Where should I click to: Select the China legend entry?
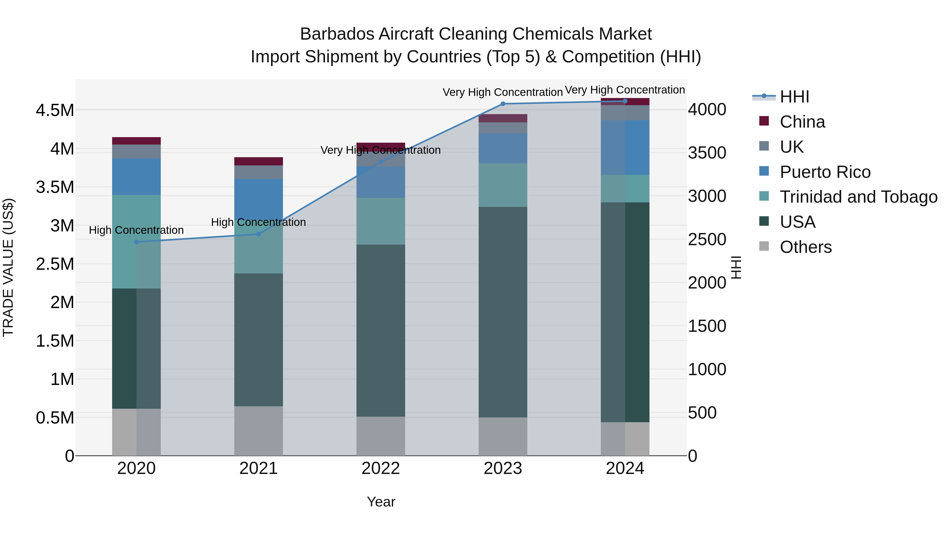coord(802,122)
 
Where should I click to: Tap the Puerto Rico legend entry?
coord(825,172)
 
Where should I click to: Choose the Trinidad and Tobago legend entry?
coord(858,197)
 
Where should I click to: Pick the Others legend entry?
coord(806,247)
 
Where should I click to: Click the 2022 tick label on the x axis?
coord(381,468)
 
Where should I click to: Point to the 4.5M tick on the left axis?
coord(55,110)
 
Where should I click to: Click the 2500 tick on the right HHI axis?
coord(707,240)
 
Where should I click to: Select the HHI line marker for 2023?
coord(503,104)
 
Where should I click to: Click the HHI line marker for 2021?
coord(259,234)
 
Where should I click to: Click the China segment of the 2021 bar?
coord(259,161)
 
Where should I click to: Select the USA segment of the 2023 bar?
coord(503,312)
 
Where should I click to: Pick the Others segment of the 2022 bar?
coord(381,436)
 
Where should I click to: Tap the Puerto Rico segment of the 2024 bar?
coord(625,147)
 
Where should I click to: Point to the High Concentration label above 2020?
coord(136,230)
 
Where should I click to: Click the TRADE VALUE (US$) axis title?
coord(8,267)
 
